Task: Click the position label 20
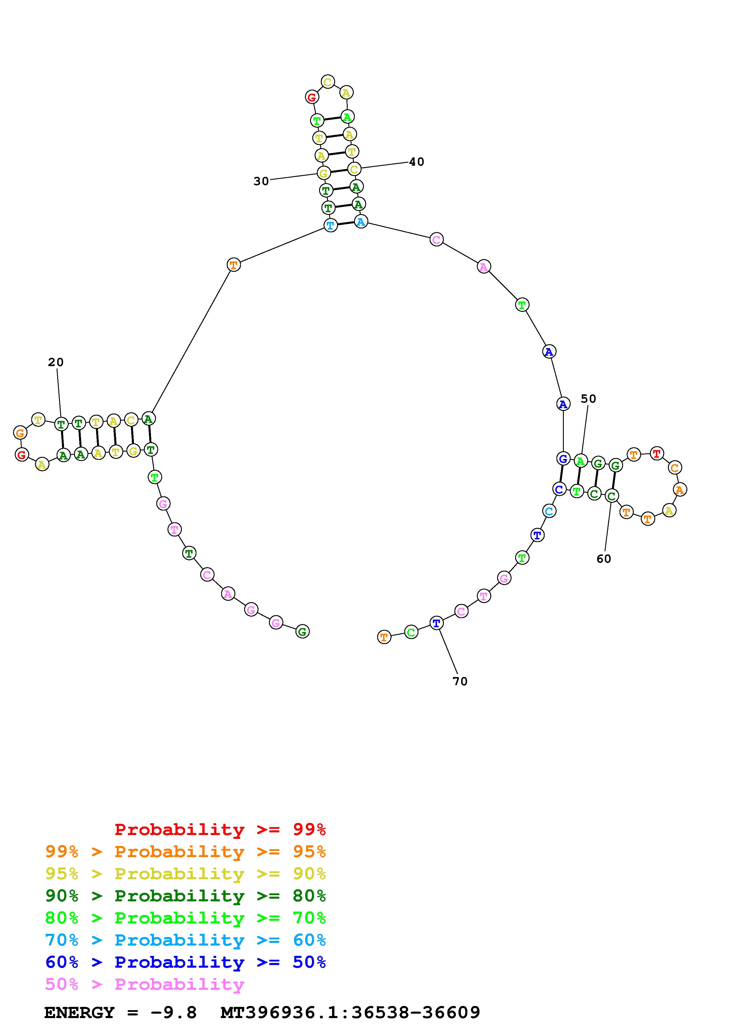(x=56, y=362)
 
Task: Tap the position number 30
(x=261, y=181)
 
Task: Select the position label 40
(x=417, y=162)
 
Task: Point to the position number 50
(x=588, y=399)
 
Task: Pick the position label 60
(x=604, y=559)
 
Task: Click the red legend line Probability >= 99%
(x=220, y=829)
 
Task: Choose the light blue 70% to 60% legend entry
(x=185, y=940)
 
